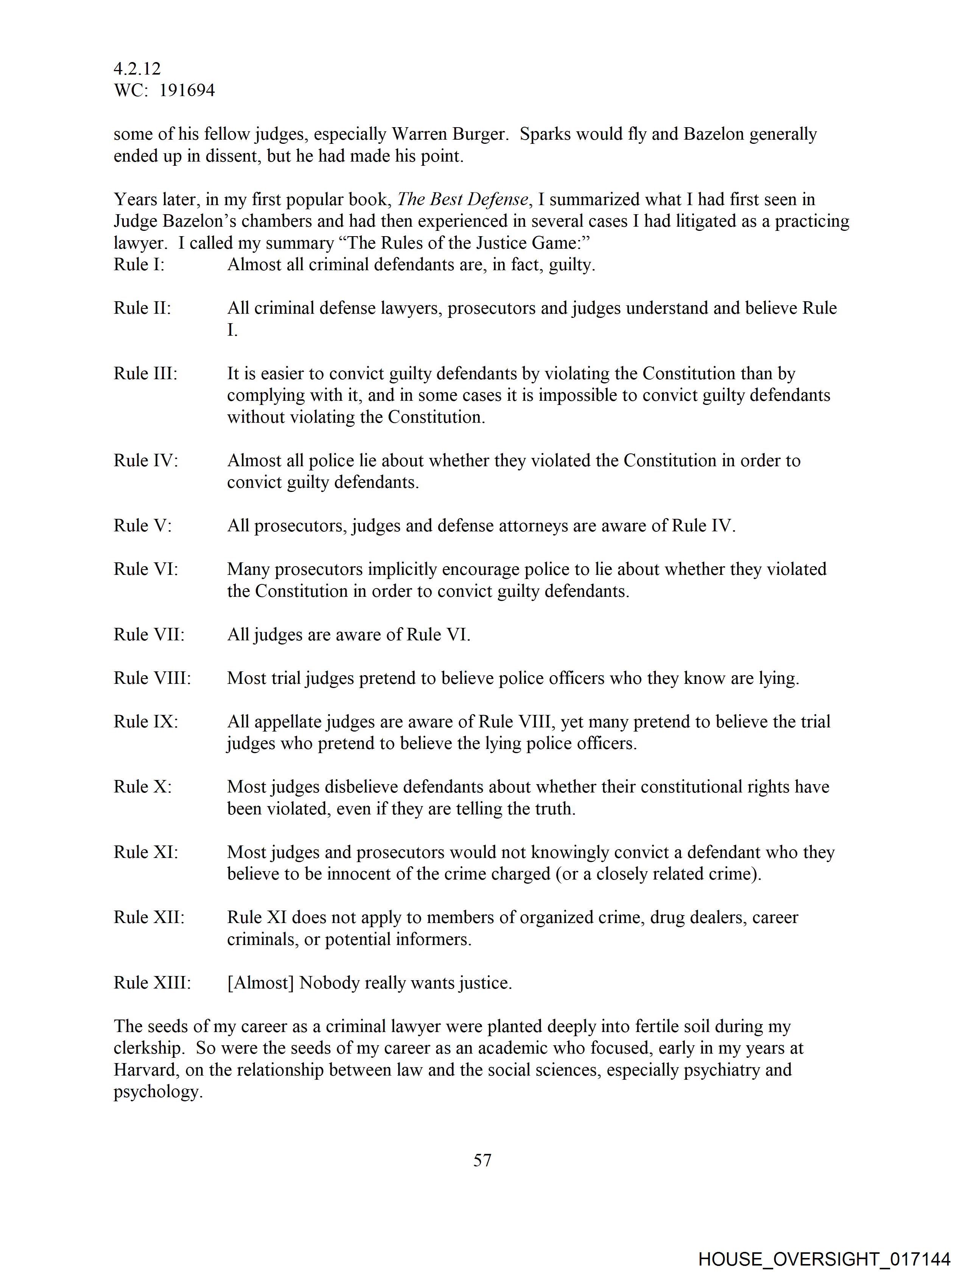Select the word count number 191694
click(x=187, y=90)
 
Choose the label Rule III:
click(x=145, y=374)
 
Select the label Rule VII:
click(x=149, y=635)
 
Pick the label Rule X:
click(x=142, y=787)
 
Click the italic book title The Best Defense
click(x=462, y=199)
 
